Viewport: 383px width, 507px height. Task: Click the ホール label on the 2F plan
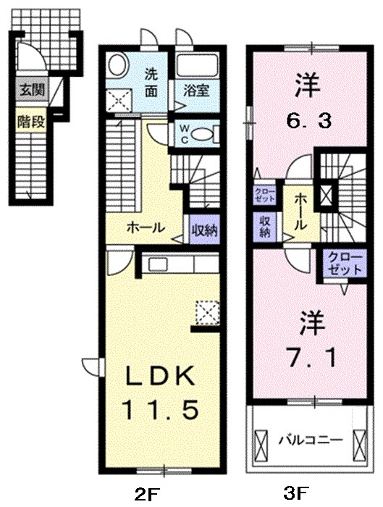pos(146,227)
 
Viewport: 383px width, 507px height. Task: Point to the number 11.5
pos(160,411)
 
